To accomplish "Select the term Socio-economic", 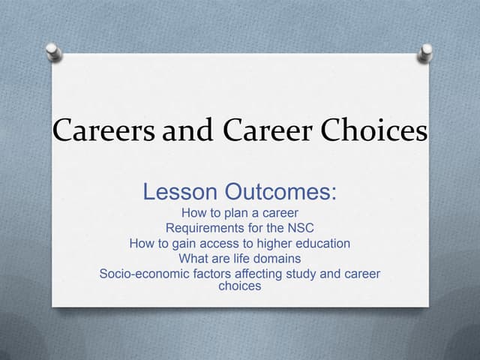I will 145,274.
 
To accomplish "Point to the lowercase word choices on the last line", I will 239,286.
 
